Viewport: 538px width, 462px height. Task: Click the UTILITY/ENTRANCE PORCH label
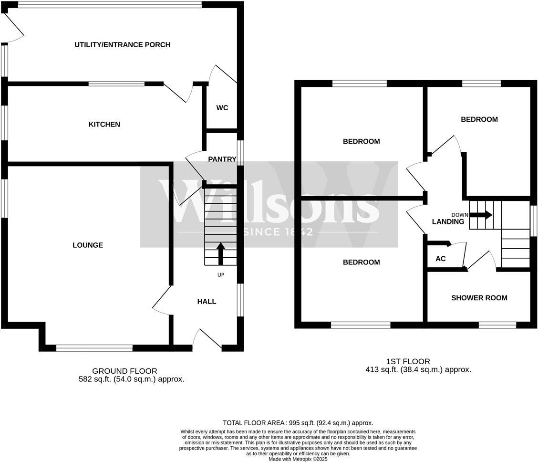(x=122, y=45)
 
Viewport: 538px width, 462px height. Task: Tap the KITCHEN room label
(x=104, y=125)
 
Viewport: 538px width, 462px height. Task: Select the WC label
(x=222, y=108)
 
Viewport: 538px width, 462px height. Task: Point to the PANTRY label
(x=222, y=159)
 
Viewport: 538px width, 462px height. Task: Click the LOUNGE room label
(x=88, y=245)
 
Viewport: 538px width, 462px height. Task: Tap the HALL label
(x=207, y=302)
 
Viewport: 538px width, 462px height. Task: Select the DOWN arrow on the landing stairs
(x=482, y=215)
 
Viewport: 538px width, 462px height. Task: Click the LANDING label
(x=448, y=222)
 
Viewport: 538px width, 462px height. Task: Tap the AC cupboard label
(x=441, y=259)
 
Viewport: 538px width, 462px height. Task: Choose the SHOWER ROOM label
(x=479, y=298)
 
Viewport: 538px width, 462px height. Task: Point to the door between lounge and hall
(x=161, y=301)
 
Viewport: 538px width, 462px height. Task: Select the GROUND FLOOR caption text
(x=124, y=371)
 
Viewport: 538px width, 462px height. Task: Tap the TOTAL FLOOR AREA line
(x=298, y=423)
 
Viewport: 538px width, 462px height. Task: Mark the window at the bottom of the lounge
(x=94, y=348)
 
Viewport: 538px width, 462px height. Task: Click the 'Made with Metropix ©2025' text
(x=298, y=459)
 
